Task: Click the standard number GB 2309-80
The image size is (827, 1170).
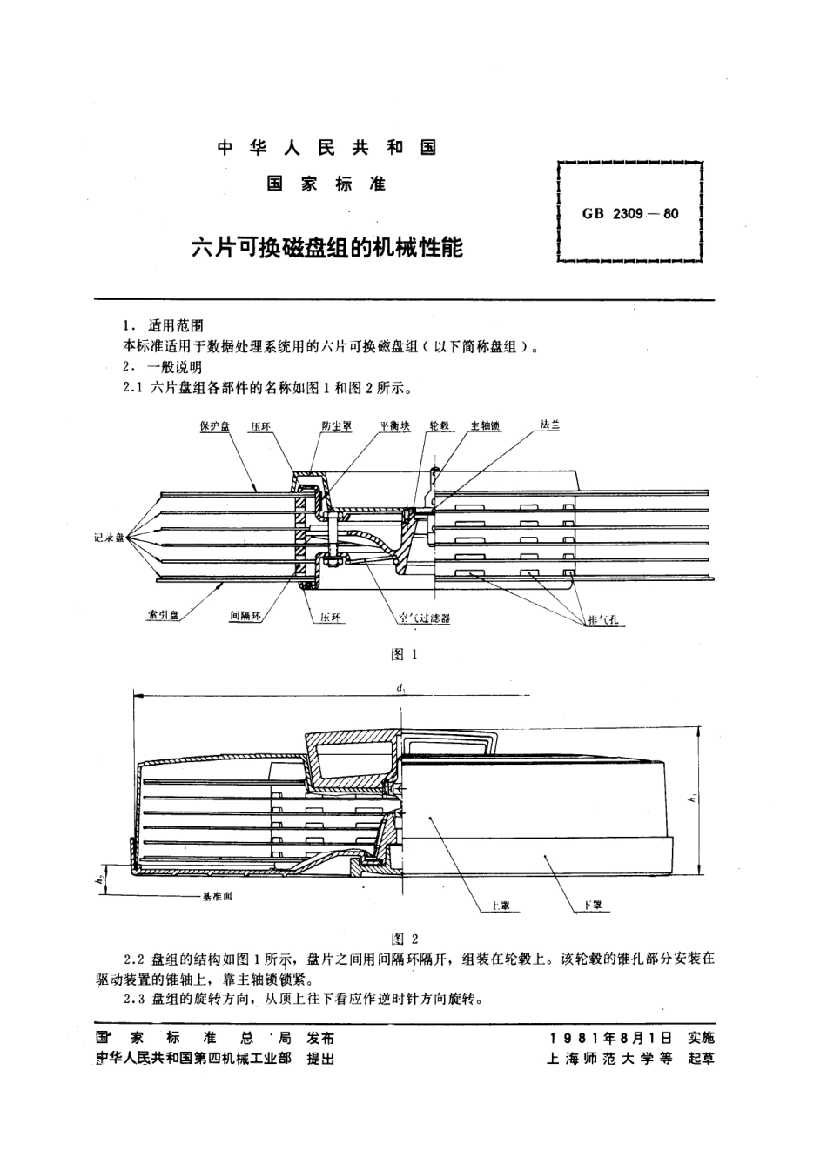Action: [x=629, y=212]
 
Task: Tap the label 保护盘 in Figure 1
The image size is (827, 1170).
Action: [x=213, y=426]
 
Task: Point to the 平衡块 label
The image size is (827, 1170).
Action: [x=393, y=426]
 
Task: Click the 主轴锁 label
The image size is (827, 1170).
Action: [x=485, y=426]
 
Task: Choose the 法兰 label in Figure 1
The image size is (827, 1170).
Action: [x=549, y=425]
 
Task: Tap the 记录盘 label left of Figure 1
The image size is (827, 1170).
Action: [x=110, y=538]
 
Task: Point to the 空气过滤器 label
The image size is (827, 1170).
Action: [x=423, y=618]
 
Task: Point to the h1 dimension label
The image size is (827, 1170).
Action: [x=689, y=798]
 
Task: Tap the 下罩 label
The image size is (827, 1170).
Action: [x=595, y=906]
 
